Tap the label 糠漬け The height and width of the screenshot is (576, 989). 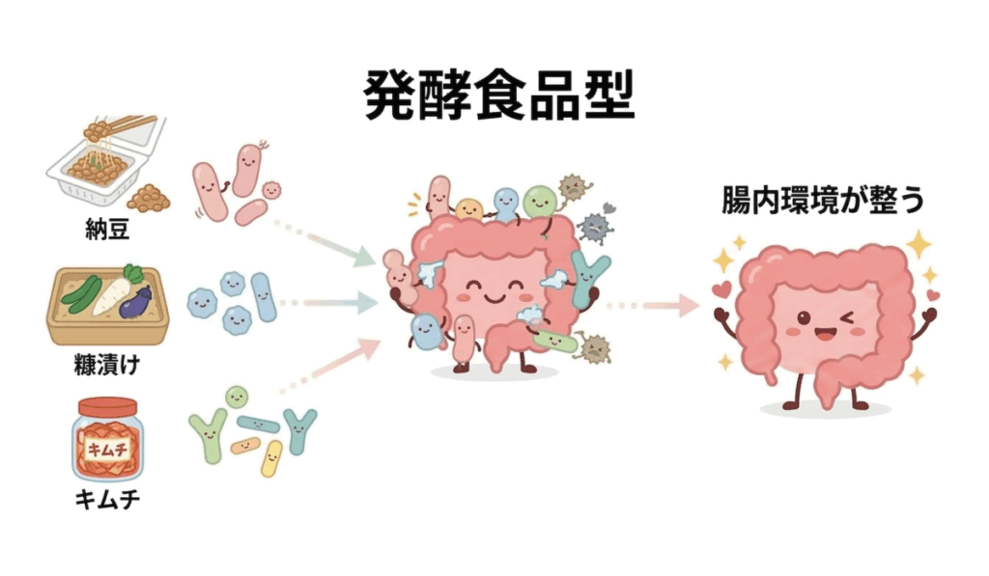[x=106, y=365]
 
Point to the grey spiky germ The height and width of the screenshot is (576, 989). [x=595, y=225]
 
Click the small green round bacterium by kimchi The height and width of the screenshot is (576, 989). [x=236, y=397]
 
